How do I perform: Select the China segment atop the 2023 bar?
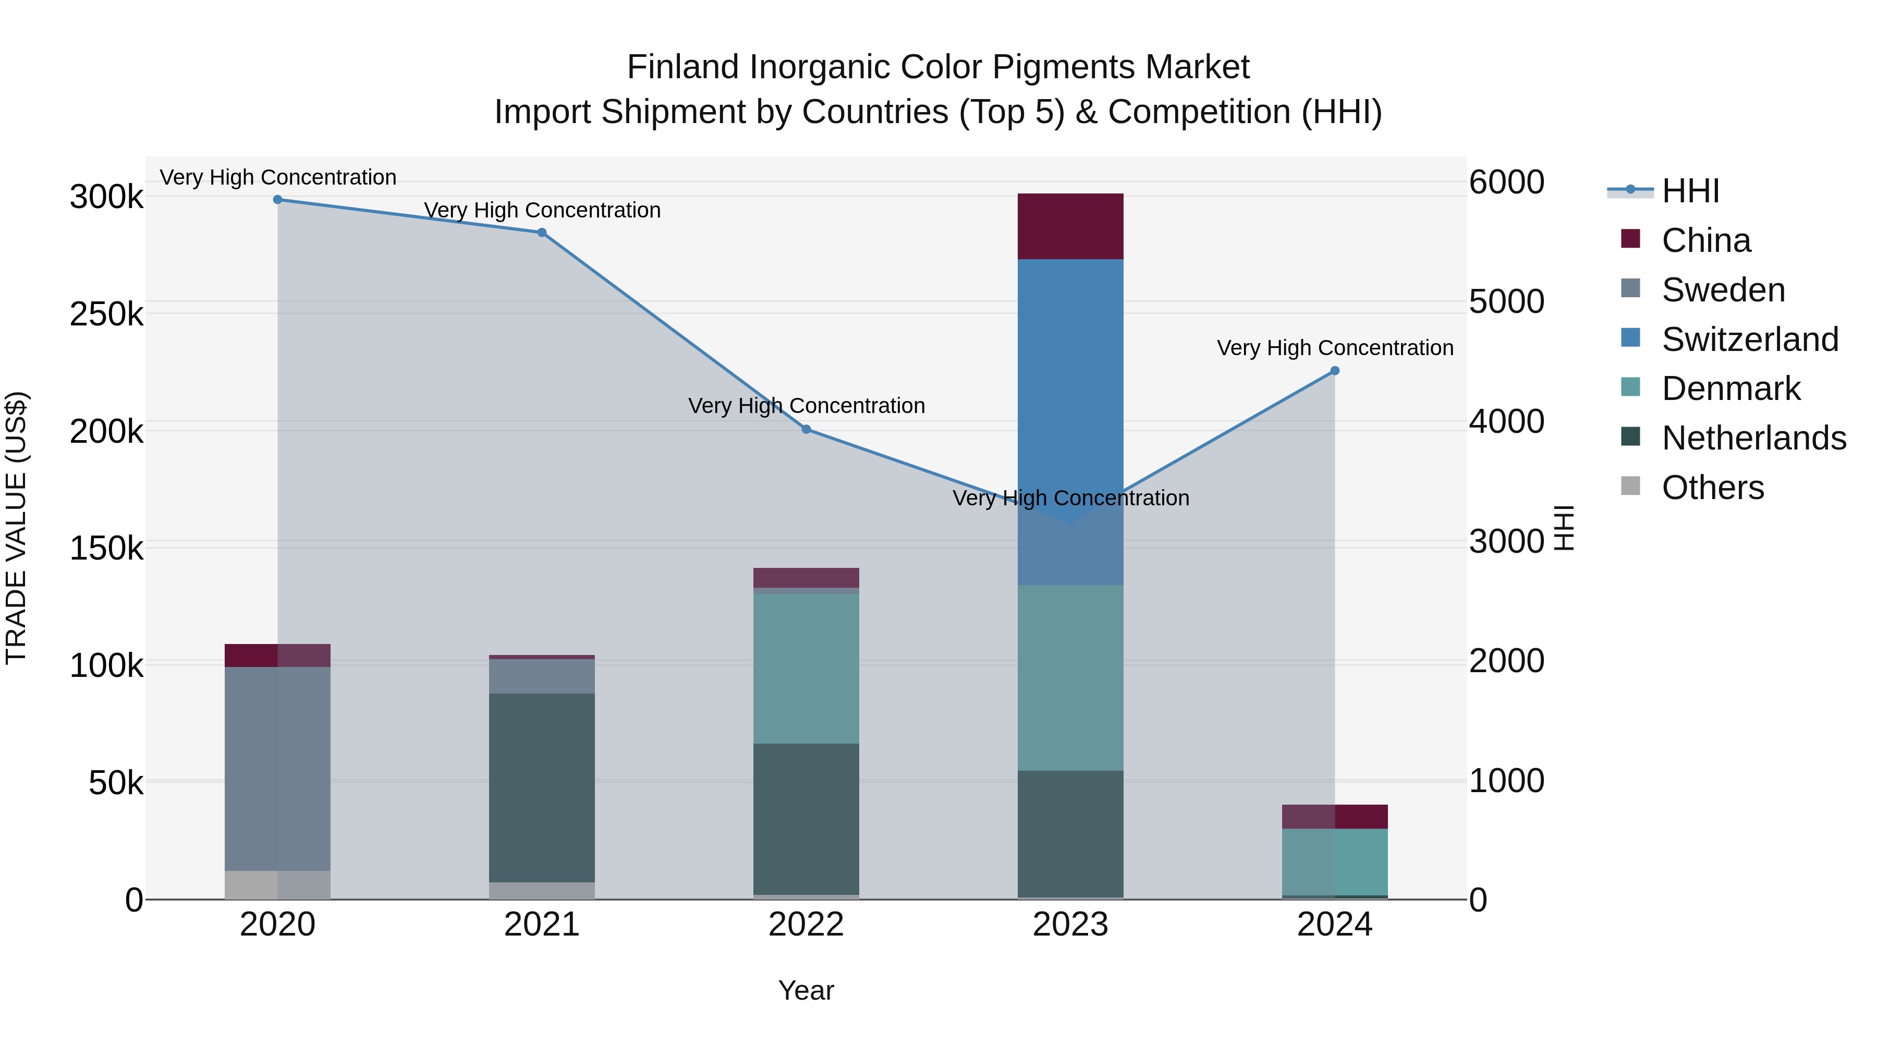pyautogui.click(x=1070, y=226)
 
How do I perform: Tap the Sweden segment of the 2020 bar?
pyautogui.click(x=277, y=768)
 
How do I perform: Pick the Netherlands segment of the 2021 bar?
pyautogui.click(x=541, y=787)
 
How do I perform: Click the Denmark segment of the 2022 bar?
pyautogui.click(x=806, y=669)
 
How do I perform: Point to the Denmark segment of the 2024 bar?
pyautogui.click(x=1334, y=861)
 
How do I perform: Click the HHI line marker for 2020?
pyautogui.click(x=277, y=200)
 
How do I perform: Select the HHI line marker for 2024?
pyautogui.click(x=1335, y=371)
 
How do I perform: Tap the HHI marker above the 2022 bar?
pyautogui.click(x=806, y=429)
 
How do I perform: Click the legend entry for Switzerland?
pyautogui.click(x=1749, y=339)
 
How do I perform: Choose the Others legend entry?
pyautogui.click(x=1712, y=488)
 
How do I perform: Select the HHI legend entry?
pyautogui.click(x=1690, y=191)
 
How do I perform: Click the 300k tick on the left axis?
pyautogui.click(x=106, y=197)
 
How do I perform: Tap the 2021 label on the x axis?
pyautogui.click(x=541, y=925)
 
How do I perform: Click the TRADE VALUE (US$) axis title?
pyautogui.click(x=16, y=528)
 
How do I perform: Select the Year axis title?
pyautogui.click(x=806, y=990)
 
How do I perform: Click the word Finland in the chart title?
pyautogui.click(x=682, y=68)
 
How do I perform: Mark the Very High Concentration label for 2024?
pyautogui.click(x=1335, y=348)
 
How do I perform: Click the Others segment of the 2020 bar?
pyautogui.click(x=277, y=885)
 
